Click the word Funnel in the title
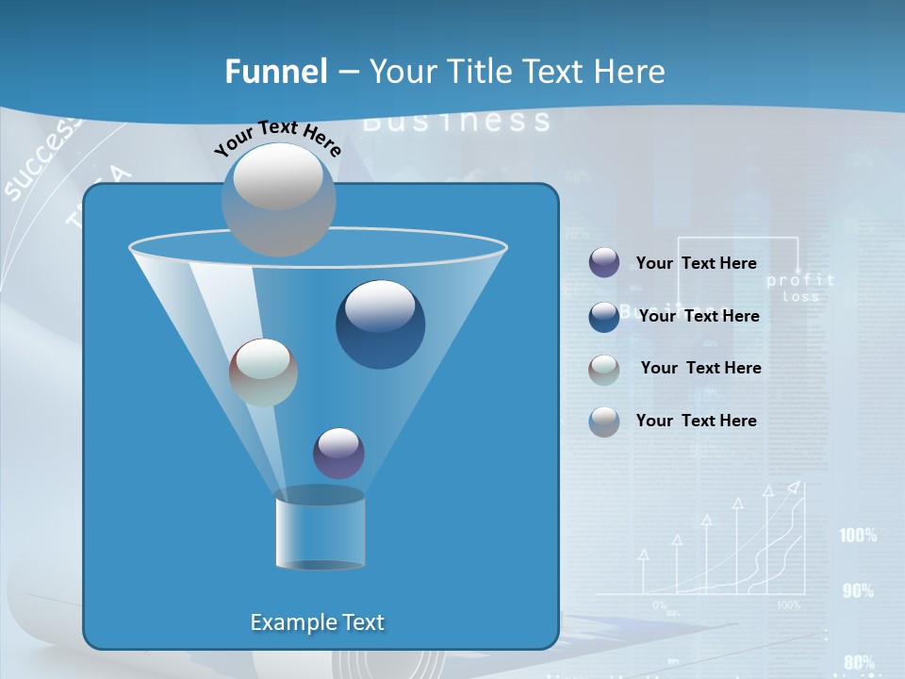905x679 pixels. (x=275, y=72)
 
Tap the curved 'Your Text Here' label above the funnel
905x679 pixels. (x=277, y=138)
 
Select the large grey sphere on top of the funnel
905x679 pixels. (x=278, y=199)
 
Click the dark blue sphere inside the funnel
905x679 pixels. (x=380, y=324)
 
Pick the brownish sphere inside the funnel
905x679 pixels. (x=263, y=373)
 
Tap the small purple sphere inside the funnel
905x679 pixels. (x=338, y=453)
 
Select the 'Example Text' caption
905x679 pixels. (x=317, y=622)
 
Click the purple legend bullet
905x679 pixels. (x=604, y=263)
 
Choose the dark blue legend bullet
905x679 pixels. (x=604, y=316)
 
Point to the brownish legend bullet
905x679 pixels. (x=604, y=369)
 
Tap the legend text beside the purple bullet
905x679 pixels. (x=696, y=264)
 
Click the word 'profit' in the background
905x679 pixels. (x=800, y=280)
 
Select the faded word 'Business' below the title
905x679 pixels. (x=456, y=121)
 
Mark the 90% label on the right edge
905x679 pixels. (x=858, y=591)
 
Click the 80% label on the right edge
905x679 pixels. (x=859, y=662)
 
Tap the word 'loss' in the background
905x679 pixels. (x=800, y=296)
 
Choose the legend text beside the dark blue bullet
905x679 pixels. (x=699, y=317)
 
